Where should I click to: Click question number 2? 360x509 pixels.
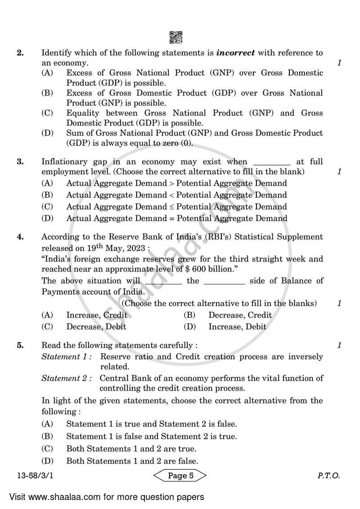tap(20, 53)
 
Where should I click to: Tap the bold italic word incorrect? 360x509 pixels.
tap(235, 53)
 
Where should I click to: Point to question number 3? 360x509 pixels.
tap(20, 162)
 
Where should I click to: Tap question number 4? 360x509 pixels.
tap(20, 237)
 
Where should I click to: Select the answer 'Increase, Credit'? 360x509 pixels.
tap(97, 315)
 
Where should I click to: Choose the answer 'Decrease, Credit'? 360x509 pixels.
tap(240, 315)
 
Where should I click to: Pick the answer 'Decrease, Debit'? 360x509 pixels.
tap(96, 327)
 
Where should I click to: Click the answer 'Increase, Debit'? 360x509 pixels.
tap(237, 327)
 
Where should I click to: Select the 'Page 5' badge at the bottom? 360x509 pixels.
tap(180, 476)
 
